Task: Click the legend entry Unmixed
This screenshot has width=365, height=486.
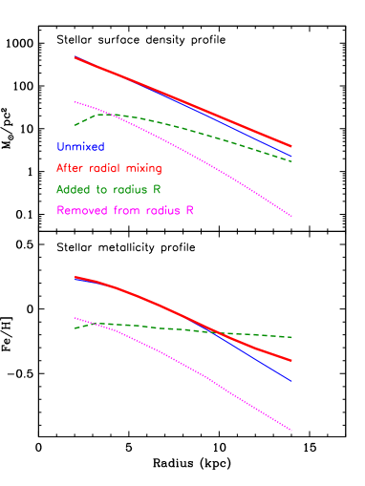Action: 80,147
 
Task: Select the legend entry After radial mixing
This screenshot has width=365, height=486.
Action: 109,168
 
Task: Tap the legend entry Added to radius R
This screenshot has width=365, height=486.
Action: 108,189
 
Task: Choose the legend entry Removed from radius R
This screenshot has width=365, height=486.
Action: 125,210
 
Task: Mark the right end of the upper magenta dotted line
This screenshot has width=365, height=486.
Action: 291,217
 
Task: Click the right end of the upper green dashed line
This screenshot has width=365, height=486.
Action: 291,161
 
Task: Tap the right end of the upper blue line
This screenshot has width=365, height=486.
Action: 291,156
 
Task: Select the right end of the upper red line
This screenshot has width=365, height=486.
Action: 291,146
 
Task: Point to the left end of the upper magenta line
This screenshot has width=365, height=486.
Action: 75,101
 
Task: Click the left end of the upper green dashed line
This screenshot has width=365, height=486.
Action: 75,125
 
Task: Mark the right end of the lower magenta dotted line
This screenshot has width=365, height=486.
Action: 291,431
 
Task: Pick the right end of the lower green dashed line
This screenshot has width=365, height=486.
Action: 291,337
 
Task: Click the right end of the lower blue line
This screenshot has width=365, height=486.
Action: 291,381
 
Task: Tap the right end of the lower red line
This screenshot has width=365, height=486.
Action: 291,362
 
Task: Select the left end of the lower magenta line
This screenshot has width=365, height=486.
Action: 75,318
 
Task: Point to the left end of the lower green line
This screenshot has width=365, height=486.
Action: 75,328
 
